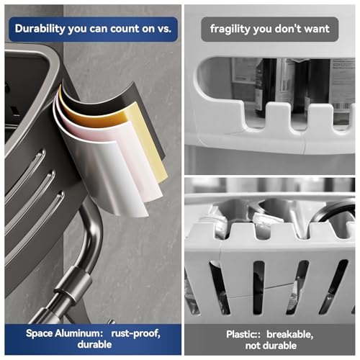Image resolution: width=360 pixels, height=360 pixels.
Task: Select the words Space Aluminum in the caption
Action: coord(64,333)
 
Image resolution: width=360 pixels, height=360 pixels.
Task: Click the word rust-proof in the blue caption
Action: coord(135,333)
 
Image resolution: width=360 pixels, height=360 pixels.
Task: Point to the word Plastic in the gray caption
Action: coord(241,334)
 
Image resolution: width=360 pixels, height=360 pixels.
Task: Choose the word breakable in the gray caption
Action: coord(290,334)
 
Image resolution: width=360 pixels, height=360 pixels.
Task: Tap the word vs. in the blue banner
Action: coord(164,29)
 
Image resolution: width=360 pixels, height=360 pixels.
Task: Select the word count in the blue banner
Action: coord(125,29)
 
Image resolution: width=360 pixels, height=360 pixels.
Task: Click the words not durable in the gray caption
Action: coord(271,346)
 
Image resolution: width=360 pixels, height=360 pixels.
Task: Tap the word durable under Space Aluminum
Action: coord(94,344)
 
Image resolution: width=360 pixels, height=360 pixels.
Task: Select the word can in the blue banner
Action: coord(99,29)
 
